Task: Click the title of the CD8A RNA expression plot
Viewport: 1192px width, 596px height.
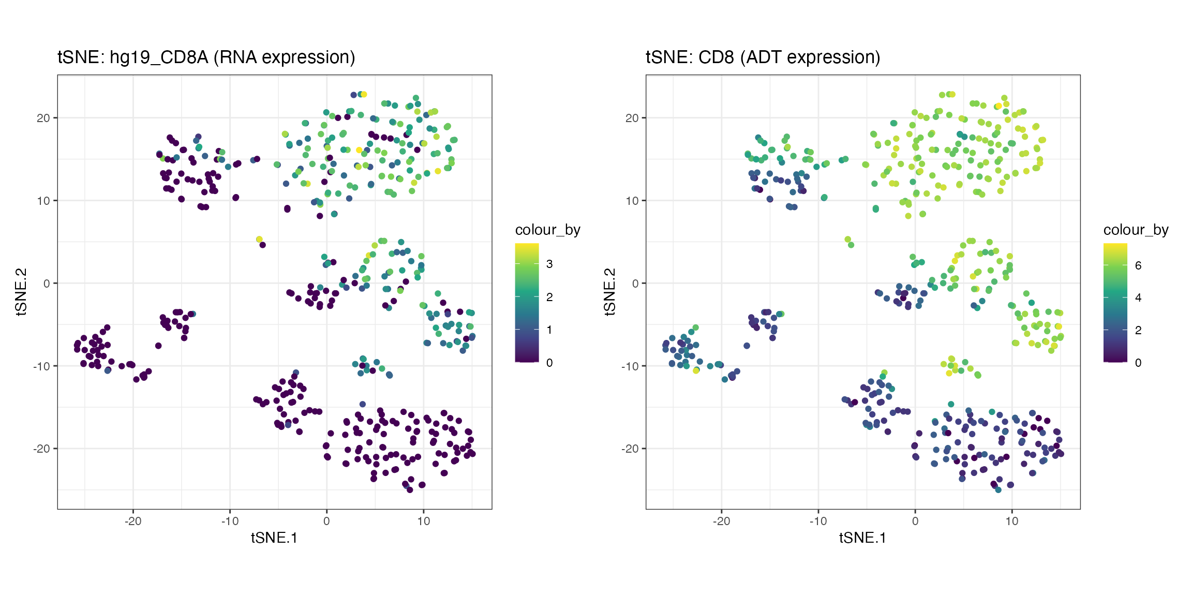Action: coord(206,57)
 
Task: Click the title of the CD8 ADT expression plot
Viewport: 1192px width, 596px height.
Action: coord(763,57)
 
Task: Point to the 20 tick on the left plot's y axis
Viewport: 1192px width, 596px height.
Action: coord(43,118)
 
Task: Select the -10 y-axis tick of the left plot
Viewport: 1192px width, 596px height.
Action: coord(41,366)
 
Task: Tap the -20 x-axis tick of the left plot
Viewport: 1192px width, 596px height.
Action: coord(133,521)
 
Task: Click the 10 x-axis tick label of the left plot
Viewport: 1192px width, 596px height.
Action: coord(423,521)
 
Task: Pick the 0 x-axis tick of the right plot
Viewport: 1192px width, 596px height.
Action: coord(915,521)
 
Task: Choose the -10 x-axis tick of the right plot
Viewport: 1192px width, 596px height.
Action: coord(818,521)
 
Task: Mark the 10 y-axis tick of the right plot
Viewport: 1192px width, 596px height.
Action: coord(632,201)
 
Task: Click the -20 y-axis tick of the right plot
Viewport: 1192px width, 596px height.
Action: coord(630,449)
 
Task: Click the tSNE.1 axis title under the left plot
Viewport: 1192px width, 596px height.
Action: coord(274,538)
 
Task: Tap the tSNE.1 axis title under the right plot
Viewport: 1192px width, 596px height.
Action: coord(862,538)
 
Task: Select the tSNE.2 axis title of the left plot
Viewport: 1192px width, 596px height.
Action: coord(21,292)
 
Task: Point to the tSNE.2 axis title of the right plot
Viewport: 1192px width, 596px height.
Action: coord(609,292)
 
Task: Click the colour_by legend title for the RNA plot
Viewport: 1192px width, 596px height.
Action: coord(547,230)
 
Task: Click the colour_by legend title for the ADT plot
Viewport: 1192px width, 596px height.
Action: coord(1136,230)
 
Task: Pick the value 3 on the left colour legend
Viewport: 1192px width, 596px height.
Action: coord(549,264)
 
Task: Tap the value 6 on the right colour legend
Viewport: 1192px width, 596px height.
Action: coord(1138,265)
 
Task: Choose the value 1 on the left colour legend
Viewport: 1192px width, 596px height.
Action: coord(549,330)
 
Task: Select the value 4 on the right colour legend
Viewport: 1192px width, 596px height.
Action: coord(1138,297)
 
